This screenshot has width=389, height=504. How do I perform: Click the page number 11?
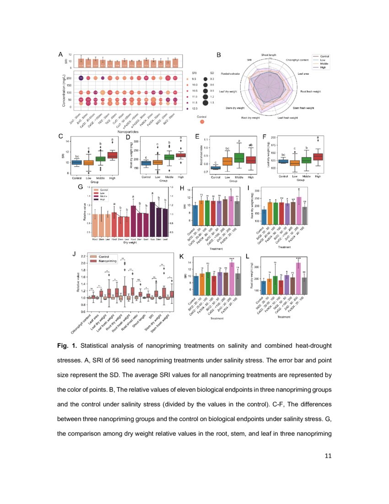[x=327, y=455]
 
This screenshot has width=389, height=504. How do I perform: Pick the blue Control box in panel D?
[x=146, y=163]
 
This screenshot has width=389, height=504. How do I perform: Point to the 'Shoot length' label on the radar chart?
[x=269, y=55]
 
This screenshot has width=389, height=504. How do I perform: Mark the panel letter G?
[x=80, y=187]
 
